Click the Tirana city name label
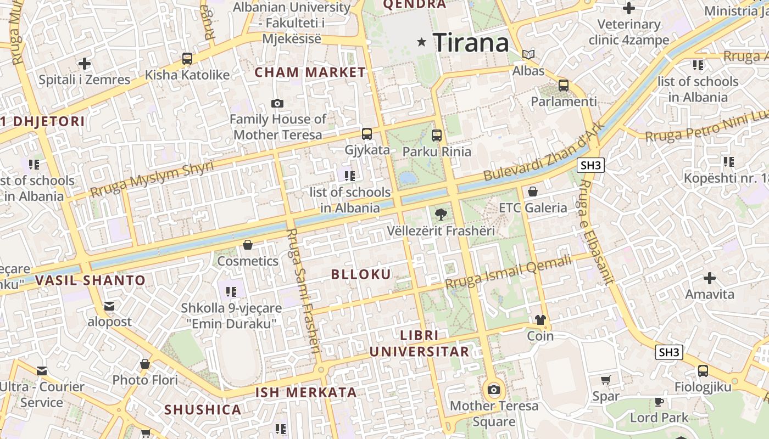click(x=471, y=42)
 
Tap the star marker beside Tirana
click(x=422, y=42)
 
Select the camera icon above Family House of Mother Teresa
click(x=277, y=103)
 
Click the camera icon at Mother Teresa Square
click(x=494, y=390)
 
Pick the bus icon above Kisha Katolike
click(x=187, y=59)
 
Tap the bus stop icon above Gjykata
click(x=366, y=133)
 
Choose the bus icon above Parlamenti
click(x=564, y=86)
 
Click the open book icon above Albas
click(x=528, y=55)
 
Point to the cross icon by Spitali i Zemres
click(x=85, y=64)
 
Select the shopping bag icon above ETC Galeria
click(x=532, y=192)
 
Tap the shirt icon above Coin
click(x=540, y=320)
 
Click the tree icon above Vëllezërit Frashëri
click(x=441, y=215)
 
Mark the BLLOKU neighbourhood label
click(x=361, y=274)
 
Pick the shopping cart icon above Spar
click(x=606, y=380)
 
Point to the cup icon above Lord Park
click(x=659, y=402)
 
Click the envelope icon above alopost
click(x=109, y=306)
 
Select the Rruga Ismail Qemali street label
click(x=508, y=273)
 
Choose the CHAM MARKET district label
click(x=310, y=72)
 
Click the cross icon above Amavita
click(x=710, y=278)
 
